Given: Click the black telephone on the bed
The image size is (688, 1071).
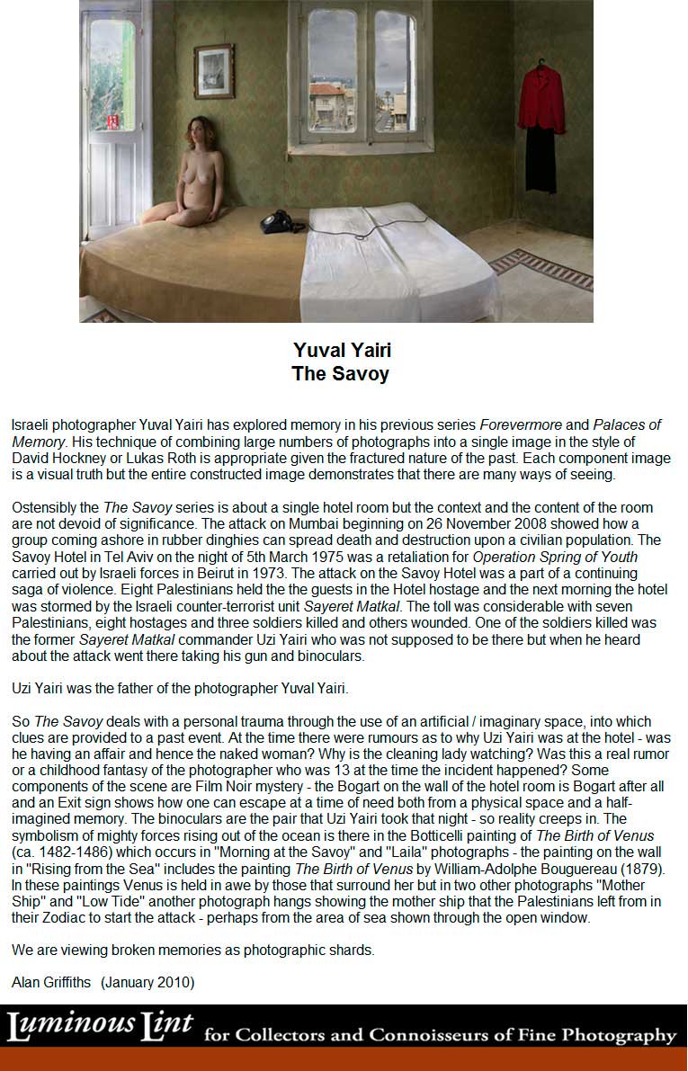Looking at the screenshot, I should pos(282,220).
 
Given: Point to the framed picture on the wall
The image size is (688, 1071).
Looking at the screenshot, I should pos(214,71).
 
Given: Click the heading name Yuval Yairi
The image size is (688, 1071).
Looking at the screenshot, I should pos(342,350).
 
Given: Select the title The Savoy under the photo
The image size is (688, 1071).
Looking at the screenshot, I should pos(340,373).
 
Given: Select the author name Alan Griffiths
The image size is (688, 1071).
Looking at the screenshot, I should pos(51,983).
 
